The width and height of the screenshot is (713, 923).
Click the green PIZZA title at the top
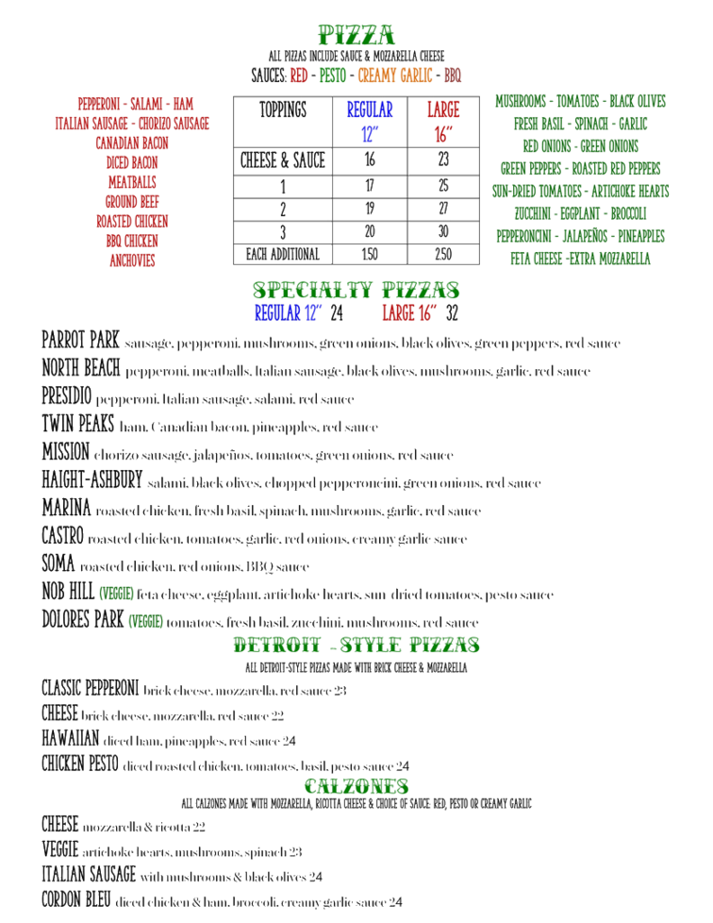356,35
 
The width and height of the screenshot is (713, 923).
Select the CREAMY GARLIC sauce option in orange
395,76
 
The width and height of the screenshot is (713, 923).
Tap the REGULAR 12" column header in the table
370,122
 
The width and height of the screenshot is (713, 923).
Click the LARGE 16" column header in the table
443,122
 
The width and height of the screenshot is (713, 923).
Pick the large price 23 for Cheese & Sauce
443,159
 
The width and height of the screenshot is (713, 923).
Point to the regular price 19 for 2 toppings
370,209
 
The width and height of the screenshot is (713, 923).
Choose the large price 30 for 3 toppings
443,231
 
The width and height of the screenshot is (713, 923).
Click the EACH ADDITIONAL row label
282,254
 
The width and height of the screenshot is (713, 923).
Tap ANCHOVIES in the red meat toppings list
132,260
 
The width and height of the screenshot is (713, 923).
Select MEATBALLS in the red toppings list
132,182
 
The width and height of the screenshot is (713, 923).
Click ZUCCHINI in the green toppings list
534,213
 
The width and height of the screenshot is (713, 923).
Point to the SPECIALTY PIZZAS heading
356,290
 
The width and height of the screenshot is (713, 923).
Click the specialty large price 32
451,313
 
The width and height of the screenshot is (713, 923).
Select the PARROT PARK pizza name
80,341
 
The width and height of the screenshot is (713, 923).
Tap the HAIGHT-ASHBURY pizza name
91,479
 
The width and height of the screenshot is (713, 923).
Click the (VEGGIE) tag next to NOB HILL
116,593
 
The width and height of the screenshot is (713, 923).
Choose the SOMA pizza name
58,564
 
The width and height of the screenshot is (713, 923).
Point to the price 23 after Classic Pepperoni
340,691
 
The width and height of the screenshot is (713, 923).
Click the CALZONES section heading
356,786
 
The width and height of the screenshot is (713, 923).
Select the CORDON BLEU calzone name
75,899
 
